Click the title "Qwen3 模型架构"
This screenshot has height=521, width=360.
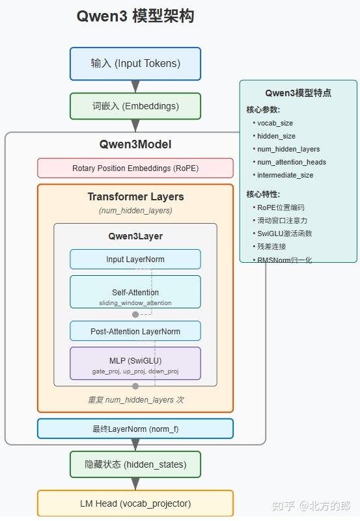tap(135, 17)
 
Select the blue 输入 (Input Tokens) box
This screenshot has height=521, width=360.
tap(135, 64)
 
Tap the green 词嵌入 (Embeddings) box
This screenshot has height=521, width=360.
tap(135, 106)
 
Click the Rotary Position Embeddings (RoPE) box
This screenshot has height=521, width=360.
tap(135, 168)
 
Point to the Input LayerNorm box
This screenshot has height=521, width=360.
tap(135, 259)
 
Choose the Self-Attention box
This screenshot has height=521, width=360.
tap(135, 292)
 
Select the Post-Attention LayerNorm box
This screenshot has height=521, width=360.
tap(135, 331)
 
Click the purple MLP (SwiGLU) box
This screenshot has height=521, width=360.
tap(135, 364)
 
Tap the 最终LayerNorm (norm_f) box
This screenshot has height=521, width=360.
tap(135, 429)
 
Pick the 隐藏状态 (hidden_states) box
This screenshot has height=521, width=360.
tap(135, 464)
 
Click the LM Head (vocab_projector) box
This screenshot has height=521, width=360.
tap(135, 503)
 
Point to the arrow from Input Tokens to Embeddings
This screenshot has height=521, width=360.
tap(135, 87)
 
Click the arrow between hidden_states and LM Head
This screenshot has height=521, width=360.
tap(135, 484)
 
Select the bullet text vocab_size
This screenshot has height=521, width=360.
tap(275, 123)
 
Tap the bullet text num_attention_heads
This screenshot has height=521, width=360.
tap(291, 162)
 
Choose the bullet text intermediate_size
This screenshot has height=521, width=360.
tap(285, 175)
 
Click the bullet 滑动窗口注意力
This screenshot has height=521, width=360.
tap(282, 220)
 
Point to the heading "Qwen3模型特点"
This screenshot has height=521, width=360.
tap(298, 93)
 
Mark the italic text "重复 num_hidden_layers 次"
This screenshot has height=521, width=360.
tap(135, 400)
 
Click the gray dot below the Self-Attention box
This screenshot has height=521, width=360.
tap(135, 314)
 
